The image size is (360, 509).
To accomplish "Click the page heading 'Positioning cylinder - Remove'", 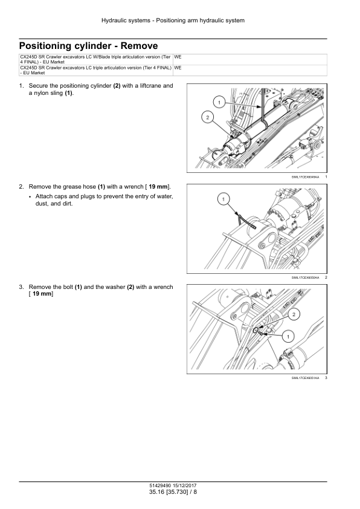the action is pos(89,46).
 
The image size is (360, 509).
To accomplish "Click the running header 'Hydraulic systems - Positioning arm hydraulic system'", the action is pos(173,21).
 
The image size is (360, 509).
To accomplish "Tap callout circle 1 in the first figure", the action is pos(219,103).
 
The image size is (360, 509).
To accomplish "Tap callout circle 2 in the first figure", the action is pos(208,117).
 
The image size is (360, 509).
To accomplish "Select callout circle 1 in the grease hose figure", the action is pos(223,199).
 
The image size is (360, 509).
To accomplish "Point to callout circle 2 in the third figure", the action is pos(294,314).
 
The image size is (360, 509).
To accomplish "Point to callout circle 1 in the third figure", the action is pos(288,337).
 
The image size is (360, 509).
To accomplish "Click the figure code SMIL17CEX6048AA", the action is pos(305,177).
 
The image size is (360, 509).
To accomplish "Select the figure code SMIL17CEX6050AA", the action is pos(305,277).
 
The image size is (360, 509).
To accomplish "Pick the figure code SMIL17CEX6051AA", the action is pos(305,378).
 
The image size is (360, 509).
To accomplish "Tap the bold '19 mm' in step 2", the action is pos(158,187).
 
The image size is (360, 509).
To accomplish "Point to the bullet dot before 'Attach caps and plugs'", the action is pos(30,197).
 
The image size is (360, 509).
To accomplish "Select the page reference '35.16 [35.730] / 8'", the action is pos(173,492).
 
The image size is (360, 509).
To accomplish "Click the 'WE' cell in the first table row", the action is pos(178,57).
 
